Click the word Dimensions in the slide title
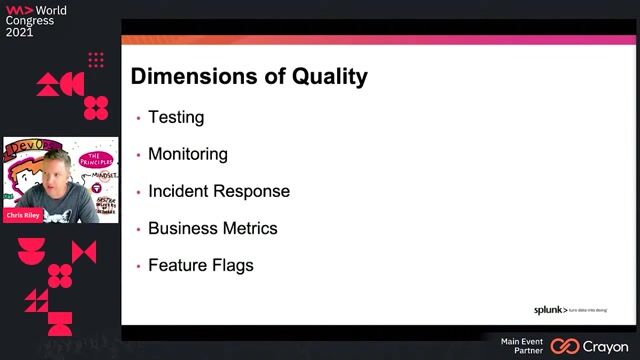pos(190,76)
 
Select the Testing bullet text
pos(176,117)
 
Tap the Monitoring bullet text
pos(188,154)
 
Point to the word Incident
pos(180,191)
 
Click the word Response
pos(254,191)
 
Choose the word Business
pos(184,228)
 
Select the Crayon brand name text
pos(606,346)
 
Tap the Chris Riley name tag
pos(23,215)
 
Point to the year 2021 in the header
pos(19,32)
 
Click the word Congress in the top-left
pos(30,20)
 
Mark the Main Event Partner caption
pos(522,346)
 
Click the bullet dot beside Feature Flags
pos(138,266)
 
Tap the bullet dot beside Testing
pos(138,118)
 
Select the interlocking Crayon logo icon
pos(565,346)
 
